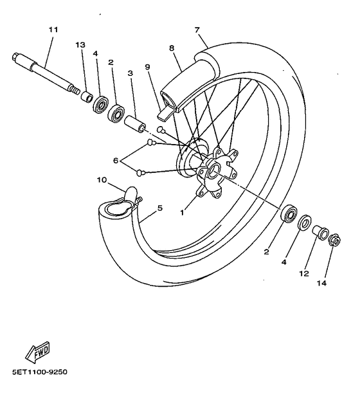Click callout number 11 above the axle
53,30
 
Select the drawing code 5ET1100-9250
39,372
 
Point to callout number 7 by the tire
197,30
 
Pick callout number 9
147,66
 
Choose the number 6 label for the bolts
115,159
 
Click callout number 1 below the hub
183,211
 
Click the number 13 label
80,44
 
